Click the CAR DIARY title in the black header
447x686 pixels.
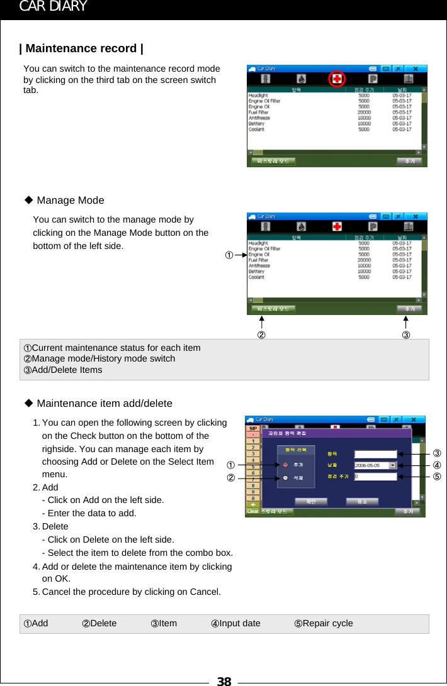click(53, 7)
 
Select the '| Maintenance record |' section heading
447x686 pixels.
click(82, 48)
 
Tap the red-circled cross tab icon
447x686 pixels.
click(337, 79)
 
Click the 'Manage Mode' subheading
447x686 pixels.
click(70, 200)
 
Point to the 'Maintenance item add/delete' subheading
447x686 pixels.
click(104, 403)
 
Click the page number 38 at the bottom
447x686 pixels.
click(224, 680)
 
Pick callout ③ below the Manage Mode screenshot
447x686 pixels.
click(406, 335)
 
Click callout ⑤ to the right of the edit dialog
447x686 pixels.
click(436, 477)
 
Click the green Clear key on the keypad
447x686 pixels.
click(252, 511)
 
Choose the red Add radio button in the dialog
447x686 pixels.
click(285, 465)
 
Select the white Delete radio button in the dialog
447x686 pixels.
click(285, 478)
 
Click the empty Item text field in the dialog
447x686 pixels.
click(375, 453)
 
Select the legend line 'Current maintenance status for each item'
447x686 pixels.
click(116, 348)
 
